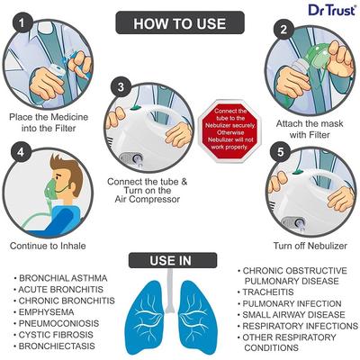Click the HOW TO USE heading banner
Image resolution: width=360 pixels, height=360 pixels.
coord(180,22)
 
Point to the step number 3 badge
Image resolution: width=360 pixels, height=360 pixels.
coord(122,88)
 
